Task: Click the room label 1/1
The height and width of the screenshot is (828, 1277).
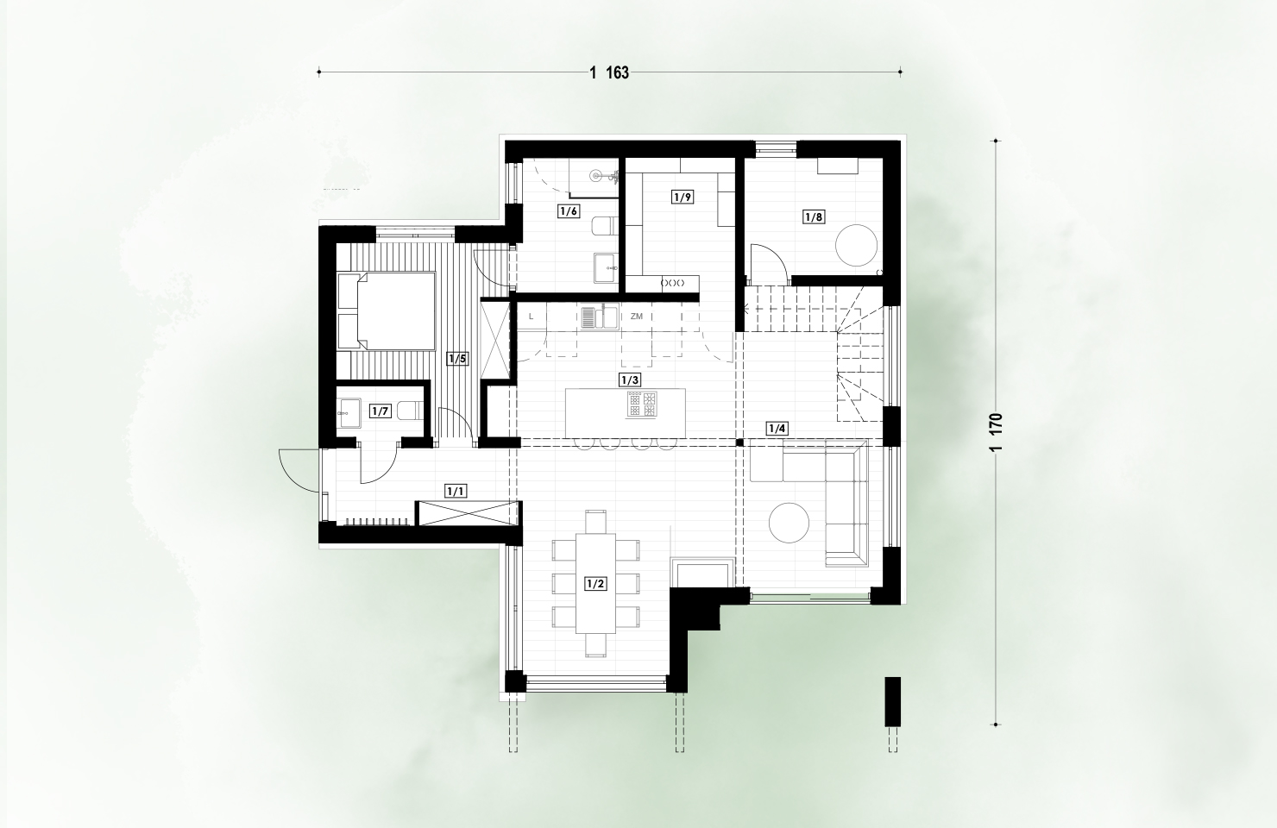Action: pyautogui.click(x=456, y=491)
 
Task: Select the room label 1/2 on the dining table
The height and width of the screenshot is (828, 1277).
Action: pyautogui.click(x=595, y=584)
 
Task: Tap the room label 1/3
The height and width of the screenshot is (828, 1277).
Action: pyautogui.click(x=630, y=379)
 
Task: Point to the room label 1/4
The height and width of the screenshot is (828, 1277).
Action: pyautogui.click(x=777, y=429)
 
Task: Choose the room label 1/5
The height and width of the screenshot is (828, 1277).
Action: pyautogui.click(x=457, y=359)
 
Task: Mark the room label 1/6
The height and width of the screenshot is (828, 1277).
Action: pyautogui.click(x=569, y=211)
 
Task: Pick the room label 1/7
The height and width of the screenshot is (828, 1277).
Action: pyautogui.click(x=381, y=411)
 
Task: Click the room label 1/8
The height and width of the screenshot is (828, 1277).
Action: pyautogui.click(x=814, y=216)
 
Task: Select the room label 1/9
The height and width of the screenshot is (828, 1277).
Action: pyautogui.click(x=683, y=198)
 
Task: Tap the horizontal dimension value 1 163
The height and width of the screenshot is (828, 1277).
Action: pyautogui.click(x=609, y=73)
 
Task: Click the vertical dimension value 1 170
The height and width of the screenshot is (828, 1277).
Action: pyautogui.click(x=996, y=432)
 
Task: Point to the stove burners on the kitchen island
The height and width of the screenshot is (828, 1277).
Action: pyautogui.click(x=642, y=404)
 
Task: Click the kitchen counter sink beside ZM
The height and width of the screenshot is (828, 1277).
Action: pyautogui.click(x=599, y=317)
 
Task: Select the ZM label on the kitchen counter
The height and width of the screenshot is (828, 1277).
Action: pyautogui.click(x=636, y=317)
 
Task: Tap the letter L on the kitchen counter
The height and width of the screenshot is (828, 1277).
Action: pyautogui.click(x=531, y=317)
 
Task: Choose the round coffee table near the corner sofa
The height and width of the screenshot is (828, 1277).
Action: pyautogui.click(x=789, y=523)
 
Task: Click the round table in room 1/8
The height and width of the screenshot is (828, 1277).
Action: pyautogui.click(x=856, y=245)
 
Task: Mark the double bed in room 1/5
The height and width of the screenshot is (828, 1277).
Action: pyautogui.click(x=387, y=310)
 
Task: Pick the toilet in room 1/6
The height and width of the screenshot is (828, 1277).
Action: pyautogui.click(x=604, y=226)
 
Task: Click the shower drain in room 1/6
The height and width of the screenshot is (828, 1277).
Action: pyautogui.click(x=595, y=175)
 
